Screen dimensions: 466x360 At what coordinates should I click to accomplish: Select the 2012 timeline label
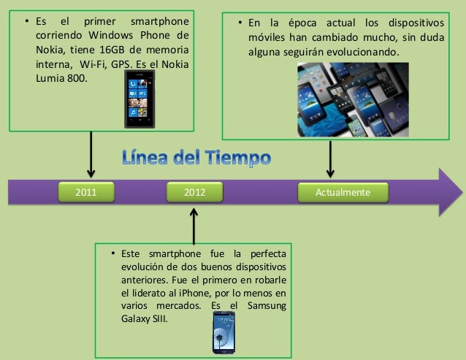click(x=194, y=192)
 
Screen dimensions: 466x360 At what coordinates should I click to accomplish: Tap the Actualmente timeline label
click(x=343, y=192)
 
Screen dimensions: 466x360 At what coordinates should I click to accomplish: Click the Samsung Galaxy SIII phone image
click(x=224, y=332)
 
